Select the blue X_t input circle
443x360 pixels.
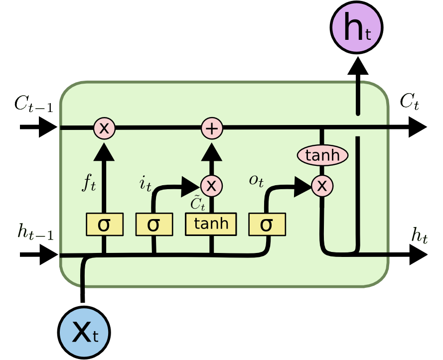point(83,332)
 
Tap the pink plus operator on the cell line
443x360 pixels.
point(212,128)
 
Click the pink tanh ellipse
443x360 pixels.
point(322,156)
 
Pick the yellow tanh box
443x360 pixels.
point(211,224)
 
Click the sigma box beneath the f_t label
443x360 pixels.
point(104,225)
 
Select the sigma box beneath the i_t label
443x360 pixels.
point(154,225)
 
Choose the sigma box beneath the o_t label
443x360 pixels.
point(267,225)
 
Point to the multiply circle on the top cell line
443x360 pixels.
point(104,128)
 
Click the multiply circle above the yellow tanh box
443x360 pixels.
point(212,186)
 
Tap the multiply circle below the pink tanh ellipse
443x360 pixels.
point(322,186)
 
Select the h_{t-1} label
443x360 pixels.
point(34,233)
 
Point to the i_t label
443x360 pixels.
point(145,184)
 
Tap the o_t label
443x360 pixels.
point(256,180)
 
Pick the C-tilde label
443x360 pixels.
point(198,204)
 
